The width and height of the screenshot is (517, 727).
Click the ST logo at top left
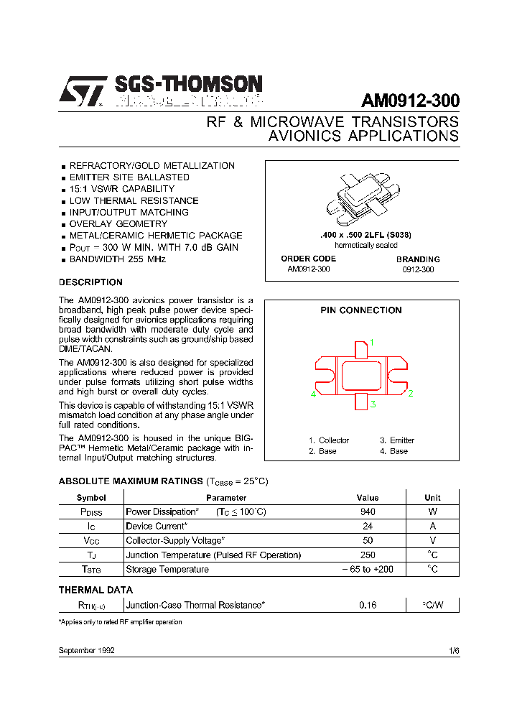[82, 92]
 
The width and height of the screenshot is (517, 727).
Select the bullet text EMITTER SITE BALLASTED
[129, 177]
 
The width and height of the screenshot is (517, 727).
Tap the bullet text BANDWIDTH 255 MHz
[117, 259]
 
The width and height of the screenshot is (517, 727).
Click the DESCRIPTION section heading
[90, 282]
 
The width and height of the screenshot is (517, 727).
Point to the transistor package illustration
[363, 198]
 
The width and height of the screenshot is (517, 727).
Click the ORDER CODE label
[308, 259]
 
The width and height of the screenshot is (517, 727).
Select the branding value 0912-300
[418, 270]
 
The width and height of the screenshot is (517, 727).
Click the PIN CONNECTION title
[360, 310]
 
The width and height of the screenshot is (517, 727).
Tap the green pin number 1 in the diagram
[372, 342]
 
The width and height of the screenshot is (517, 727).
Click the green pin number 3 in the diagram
[373, 404]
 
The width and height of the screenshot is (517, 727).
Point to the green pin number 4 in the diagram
[313, 394]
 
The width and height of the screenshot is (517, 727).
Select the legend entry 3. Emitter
[397, 440]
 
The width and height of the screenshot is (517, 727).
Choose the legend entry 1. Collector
[329, 440]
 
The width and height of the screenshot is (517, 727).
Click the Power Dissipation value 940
[368, 512]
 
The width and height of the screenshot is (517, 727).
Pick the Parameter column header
[226, 497]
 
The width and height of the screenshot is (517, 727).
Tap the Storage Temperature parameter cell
[167, 570]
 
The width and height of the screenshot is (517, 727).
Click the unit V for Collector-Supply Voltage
[432, 541]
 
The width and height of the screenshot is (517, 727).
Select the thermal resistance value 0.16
[368, 606]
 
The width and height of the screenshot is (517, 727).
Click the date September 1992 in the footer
[86, 650]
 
